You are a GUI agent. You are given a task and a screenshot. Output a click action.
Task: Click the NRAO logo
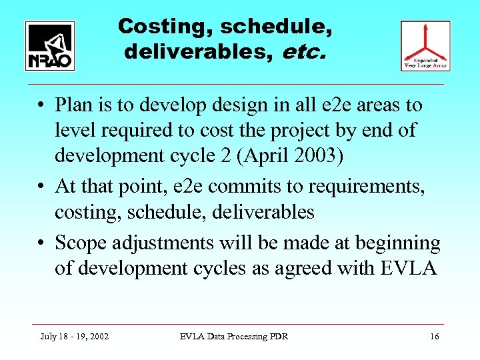(50, 46)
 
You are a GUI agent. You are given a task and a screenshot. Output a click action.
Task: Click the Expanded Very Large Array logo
(425, 46)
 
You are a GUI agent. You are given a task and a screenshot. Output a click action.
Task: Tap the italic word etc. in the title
(305, 51)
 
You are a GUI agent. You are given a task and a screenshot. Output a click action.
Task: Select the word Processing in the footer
(250, 337)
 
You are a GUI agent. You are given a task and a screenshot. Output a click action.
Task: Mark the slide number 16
(435, 337)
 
